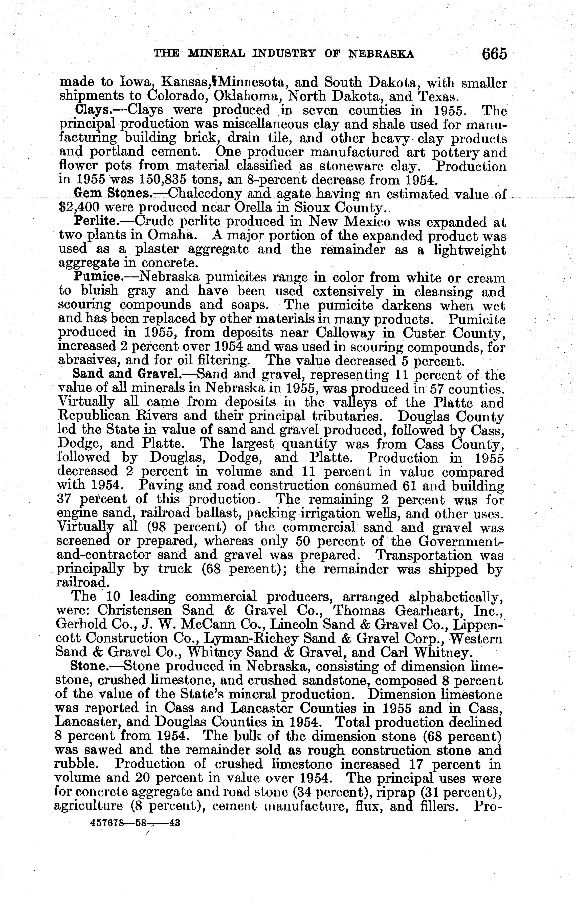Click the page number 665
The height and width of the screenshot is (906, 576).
point(494,54)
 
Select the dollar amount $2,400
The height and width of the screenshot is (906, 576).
point(79,207)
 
